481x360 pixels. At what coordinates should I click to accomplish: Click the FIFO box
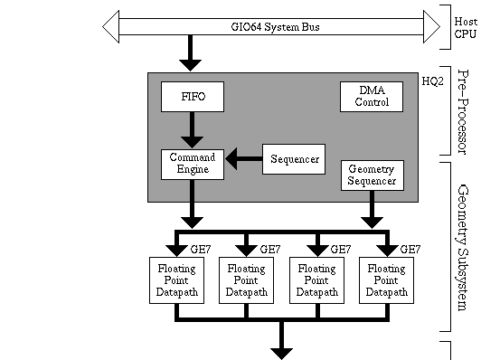(x=192, y=96)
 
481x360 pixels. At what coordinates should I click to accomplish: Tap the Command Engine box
(x=192, y=164)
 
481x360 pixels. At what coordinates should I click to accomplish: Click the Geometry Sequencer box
(x=372, y=175)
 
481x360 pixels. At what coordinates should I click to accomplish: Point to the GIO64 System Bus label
(x=275, y=27)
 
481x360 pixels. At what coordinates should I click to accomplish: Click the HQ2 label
(x=433, y=81)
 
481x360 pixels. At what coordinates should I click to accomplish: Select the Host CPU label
(x=465, y=26)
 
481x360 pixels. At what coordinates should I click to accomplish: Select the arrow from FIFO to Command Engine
(x=192, y=130)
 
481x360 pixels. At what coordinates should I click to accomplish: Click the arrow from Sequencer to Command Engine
(x=242, y=160)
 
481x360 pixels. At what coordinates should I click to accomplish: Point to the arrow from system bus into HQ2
(x=192, y=53)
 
